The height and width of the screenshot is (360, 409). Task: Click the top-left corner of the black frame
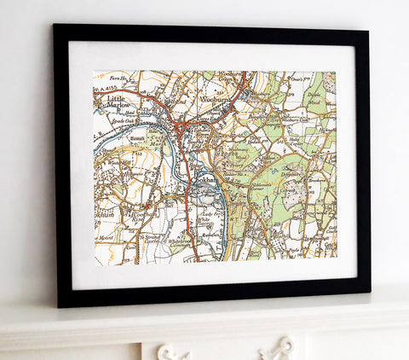tap(54, 25)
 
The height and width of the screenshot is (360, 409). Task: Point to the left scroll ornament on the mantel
tap(173, 351)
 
